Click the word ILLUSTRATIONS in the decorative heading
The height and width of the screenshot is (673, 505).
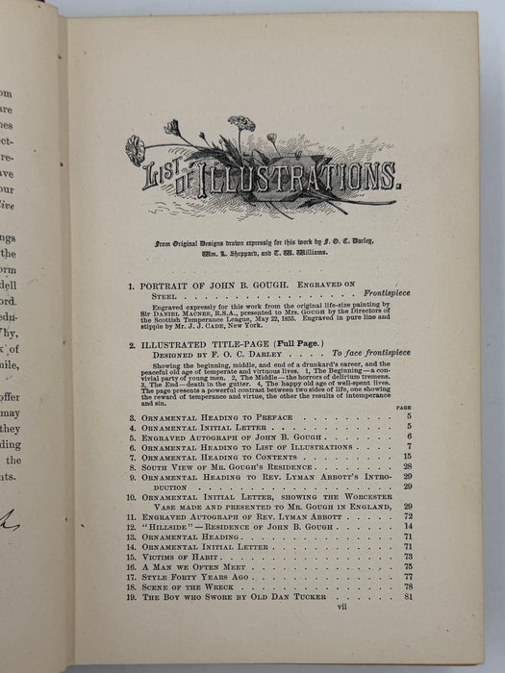(x=289, y=176)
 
